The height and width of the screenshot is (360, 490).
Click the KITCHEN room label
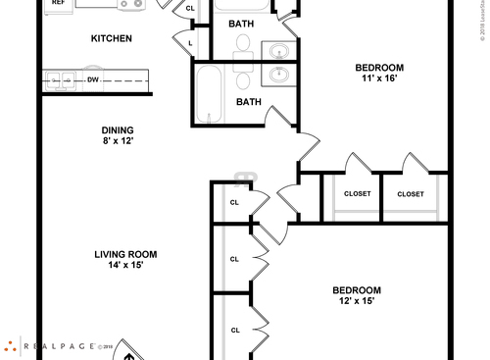(111, 39)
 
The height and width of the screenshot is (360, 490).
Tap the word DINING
(118, 129)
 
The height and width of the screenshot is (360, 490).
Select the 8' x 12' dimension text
(118, 141)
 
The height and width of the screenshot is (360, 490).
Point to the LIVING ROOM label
(125, 254)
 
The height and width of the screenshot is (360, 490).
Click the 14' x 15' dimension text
(125, 266)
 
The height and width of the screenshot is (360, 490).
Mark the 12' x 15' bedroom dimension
(357, 301)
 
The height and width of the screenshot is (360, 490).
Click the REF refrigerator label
(58, 3)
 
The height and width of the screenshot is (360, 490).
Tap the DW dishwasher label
(92, 79)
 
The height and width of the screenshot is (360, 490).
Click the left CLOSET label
(358, 194)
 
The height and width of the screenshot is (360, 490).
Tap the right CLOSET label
(411, 194)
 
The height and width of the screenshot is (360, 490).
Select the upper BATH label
(241, 24)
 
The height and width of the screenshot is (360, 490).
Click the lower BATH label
(249, 101)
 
